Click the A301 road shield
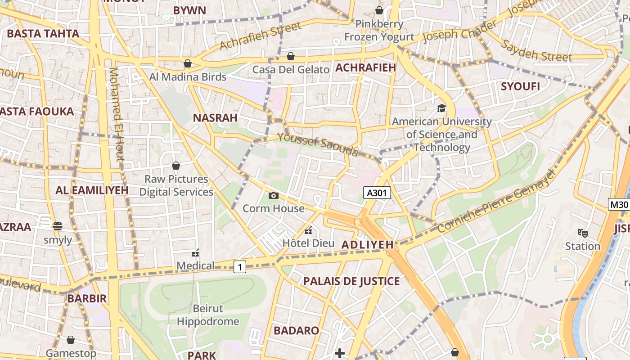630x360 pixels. pos(377,193)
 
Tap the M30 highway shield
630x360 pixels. pos(619,205)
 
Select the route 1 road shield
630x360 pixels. pos(240,267)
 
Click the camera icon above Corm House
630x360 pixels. pos(273,195)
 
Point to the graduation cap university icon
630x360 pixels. pos(441,108)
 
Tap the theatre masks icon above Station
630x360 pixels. pos(583,233)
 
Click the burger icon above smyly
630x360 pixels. pos(57,226)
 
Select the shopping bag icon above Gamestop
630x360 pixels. pos(70,340)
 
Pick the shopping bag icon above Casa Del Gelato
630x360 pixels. pos(291,56)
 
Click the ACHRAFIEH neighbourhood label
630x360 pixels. pos(365,68)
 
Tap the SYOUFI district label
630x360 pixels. pos(520,86)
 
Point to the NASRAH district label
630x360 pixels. pos(215,118)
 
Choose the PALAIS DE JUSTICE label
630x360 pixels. pos(351,282)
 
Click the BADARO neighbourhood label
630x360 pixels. pos(296,331)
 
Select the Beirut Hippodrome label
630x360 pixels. pos(208,315)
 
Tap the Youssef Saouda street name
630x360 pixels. pos(318,144)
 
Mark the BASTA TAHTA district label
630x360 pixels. pos(43,34)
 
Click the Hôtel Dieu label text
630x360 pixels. pos(308,243)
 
